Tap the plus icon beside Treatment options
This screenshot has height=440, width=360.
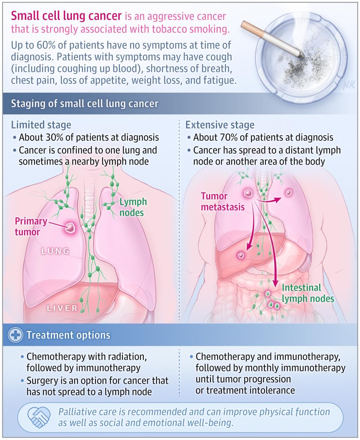(16, 335)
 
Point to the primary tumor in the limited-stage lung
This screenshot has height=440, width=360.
(70, 227)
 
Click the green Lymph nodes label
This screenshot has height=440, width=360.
(133, 207)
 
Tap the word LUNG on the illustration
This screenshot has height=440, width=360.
(55, 251)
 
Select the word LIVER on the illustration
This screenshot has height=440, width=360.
(62, 308)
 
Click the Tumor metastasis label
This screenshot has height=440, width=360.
(223, 201)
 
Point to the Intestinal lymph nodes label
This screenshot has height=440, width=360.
(308, 293)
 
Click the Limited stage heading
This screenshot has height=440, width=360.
(41, 125)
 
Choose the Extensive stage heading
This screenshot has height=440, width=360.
(220, 125)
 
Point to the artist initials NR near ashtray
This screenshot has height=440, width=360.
(348, 85)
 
